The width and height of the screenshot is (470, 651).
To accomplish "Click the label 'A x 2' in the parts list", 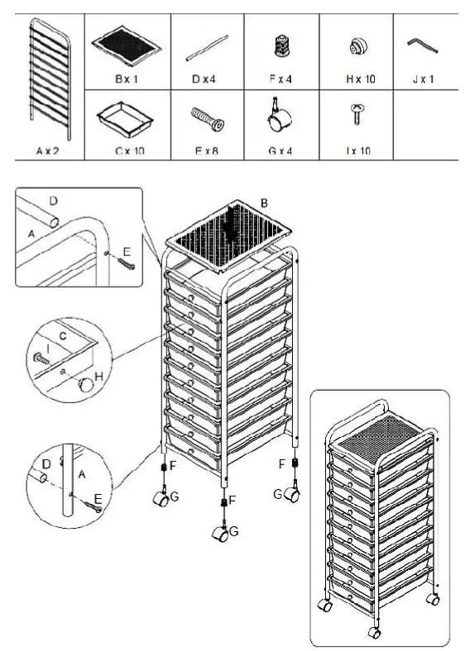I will point(49,151).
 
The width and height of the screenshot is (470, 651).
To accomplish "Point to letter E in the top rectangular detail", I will point(127,251).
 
